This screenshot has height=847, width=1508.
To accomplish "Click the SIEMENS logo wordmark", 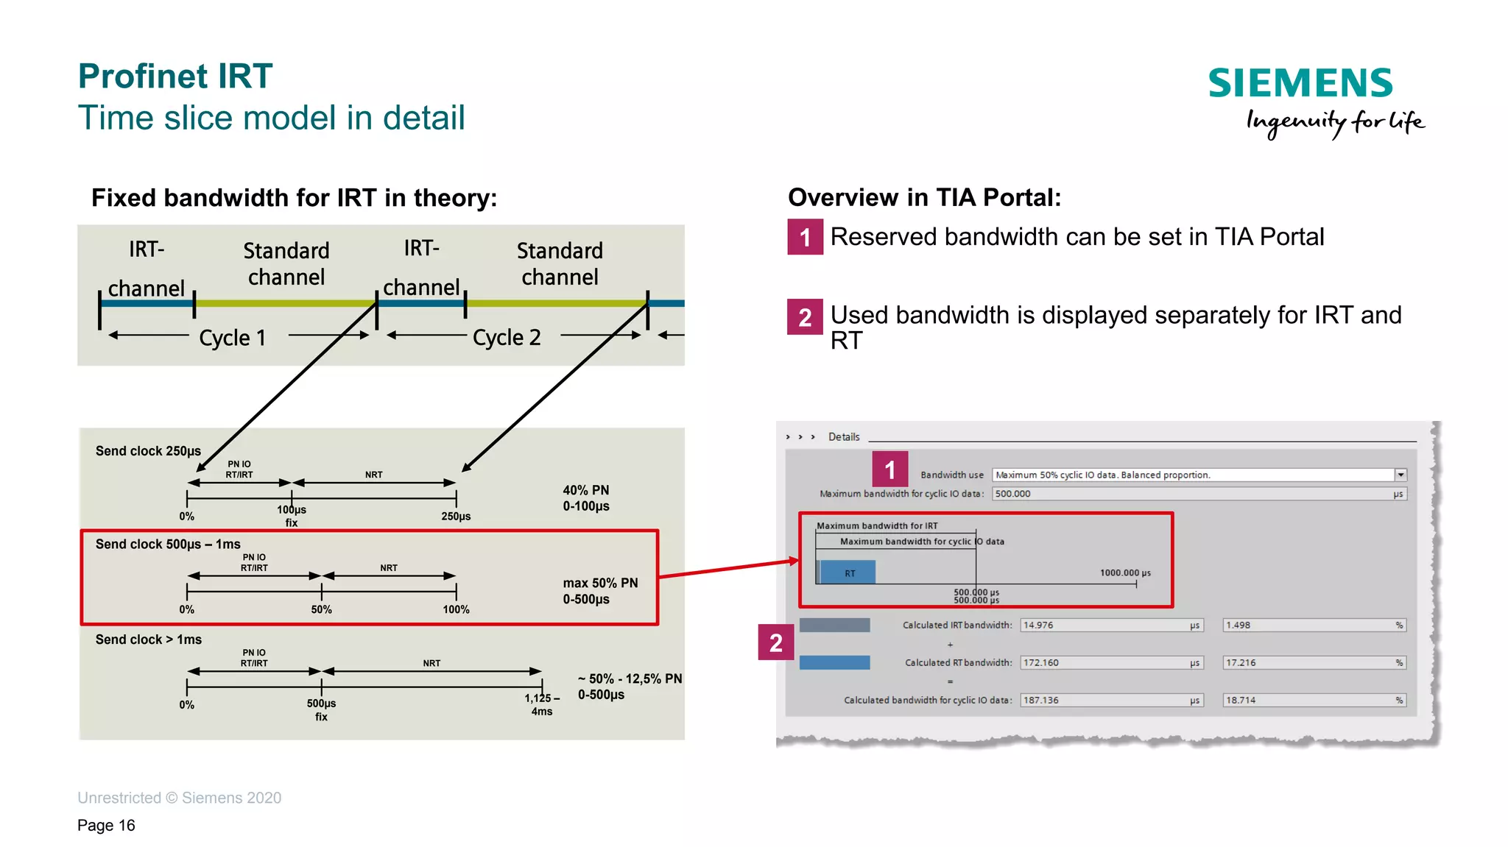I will pyautogui.click(x=1300, y=83).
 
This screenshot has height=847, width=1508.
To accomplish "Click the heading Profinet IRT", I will pyautogui.click(x=175, y=77).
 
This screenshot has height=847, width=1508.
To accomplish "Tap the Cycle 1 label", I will pyautogui.click(x=232, y=338).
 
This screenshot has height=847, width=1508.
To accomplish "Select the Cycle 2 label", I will pyautogui.click(x=507, y=338).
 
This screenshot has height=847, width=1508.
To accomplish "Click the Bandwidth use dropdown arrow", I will pyautogui.click(x=1400, y=475).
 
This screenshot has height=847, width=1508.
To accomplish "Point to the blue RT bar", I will pyautogui.click(x=848, y=573).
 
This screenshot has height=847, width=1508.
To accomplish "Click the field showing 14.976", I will pyautogui.click(x=1110, y=625).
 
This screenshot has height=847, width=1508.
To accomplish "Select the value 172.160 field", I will pyautogui.click(x=1110, y=663).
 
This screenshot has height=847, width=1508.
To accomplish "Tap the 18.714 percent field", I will pyautogui.click(x=1314, y=701).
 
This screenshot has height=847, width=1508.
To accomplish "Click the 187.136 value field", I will pyautogui.click(x=1110, y=701).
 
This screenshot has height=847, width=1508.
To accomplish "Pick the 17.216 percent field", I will pyautogui.click(x=1314, y=663).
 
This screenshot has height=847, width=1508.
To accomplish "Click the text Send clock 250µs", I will pyautogui.click(x=148, y=451).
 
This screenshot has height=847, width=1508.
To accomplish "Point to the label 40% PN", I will pyautogui.click(x=586, y=490).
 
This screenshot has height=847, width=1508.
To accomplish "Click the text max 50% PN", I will pyautogui.click(x=600, y=583).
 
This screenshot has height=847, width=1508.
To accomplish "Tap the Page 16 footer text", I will pyautogui.click(x=106, y=826).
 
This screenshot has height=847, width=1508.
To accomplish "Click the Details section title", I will pyautogui.click(x=844, y=437).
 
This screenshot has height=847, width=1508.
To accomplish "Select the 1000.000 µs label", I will pyautogui.click(x=1125, y=573).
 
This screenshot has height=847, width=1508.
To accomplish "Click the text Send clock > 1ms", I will pyautogui.click(x=148, y=639).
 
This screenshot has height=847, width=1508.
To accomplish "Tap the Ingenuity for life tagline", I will pyautogui.click(x=1335, y=122).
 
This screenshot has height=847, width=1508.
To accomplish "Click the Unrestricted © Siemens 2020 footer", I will pyautogui.click(x=179, y=798).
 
